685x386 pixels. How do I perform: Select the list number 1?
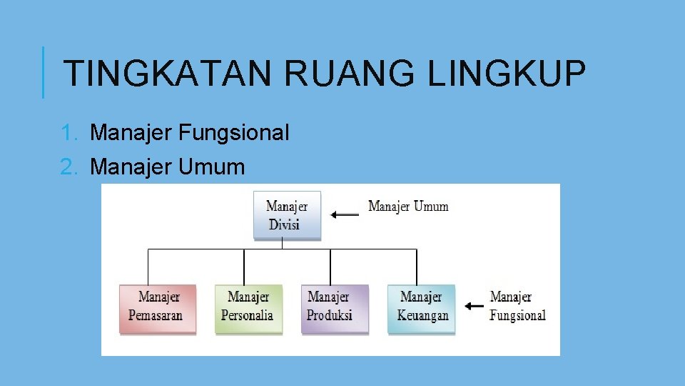point(68,132)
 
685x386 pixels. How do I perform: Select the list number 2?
point(68,167)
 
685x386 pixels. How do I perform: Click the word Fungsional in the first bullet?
point(234,132)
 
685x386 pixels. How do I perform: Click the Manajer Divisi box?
point(287,215)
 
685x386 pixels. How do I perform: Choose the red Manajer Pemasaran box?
point(156,309)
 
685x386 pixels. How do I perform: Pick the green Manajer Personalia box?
point(248,309)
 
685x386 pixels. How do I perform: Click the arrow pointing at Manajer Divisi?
point(345,213)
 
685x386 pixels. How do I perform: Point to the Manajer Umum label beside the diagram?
point(408,207)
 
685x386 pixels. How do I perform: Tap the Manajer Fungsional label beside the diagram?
point(517,306)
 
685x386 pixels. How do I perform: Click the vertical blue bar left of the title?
point(43,72)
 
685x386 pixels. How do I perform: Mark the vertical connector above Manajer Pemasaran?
point(148,267)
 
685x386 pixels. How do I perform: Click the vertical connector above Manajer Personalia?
point(245,267)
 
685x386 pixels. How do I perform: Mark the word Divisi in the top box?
point(284,224)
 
